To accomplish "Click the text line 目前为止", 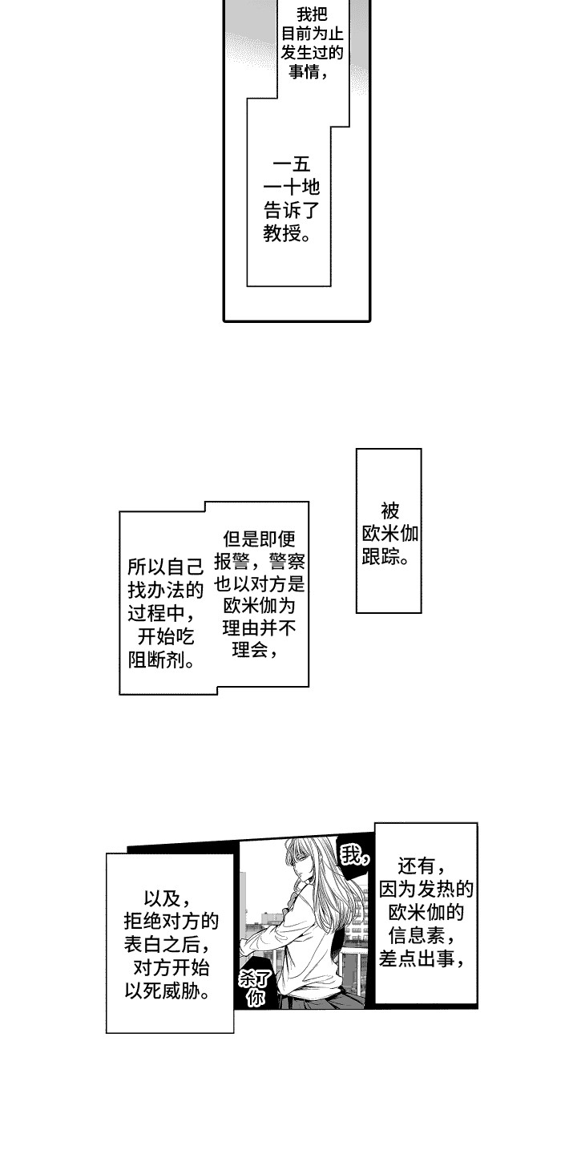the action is click(x=312, y=34).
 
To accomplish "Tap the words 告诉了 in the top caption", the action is click(x=292, y=210).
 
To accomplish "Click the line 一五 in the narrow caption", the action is click(x=292, y=164).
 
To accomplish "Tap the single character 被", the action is click(x=390, y=511).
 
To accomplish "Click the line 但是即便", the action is click(x=259, y=539).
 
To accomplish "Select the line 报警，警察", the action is click(x=259, y=561).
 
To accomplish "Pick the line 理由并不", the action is click(x=259, y=628).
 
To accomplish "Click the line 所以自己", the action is click(x=165, y=567).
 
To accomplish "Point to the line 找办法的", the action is click(x=165, y=590).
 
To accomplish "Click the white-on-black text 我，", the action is click(x=355, y=856).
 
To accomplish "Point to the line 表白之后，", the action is click(x=167, y=944).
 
